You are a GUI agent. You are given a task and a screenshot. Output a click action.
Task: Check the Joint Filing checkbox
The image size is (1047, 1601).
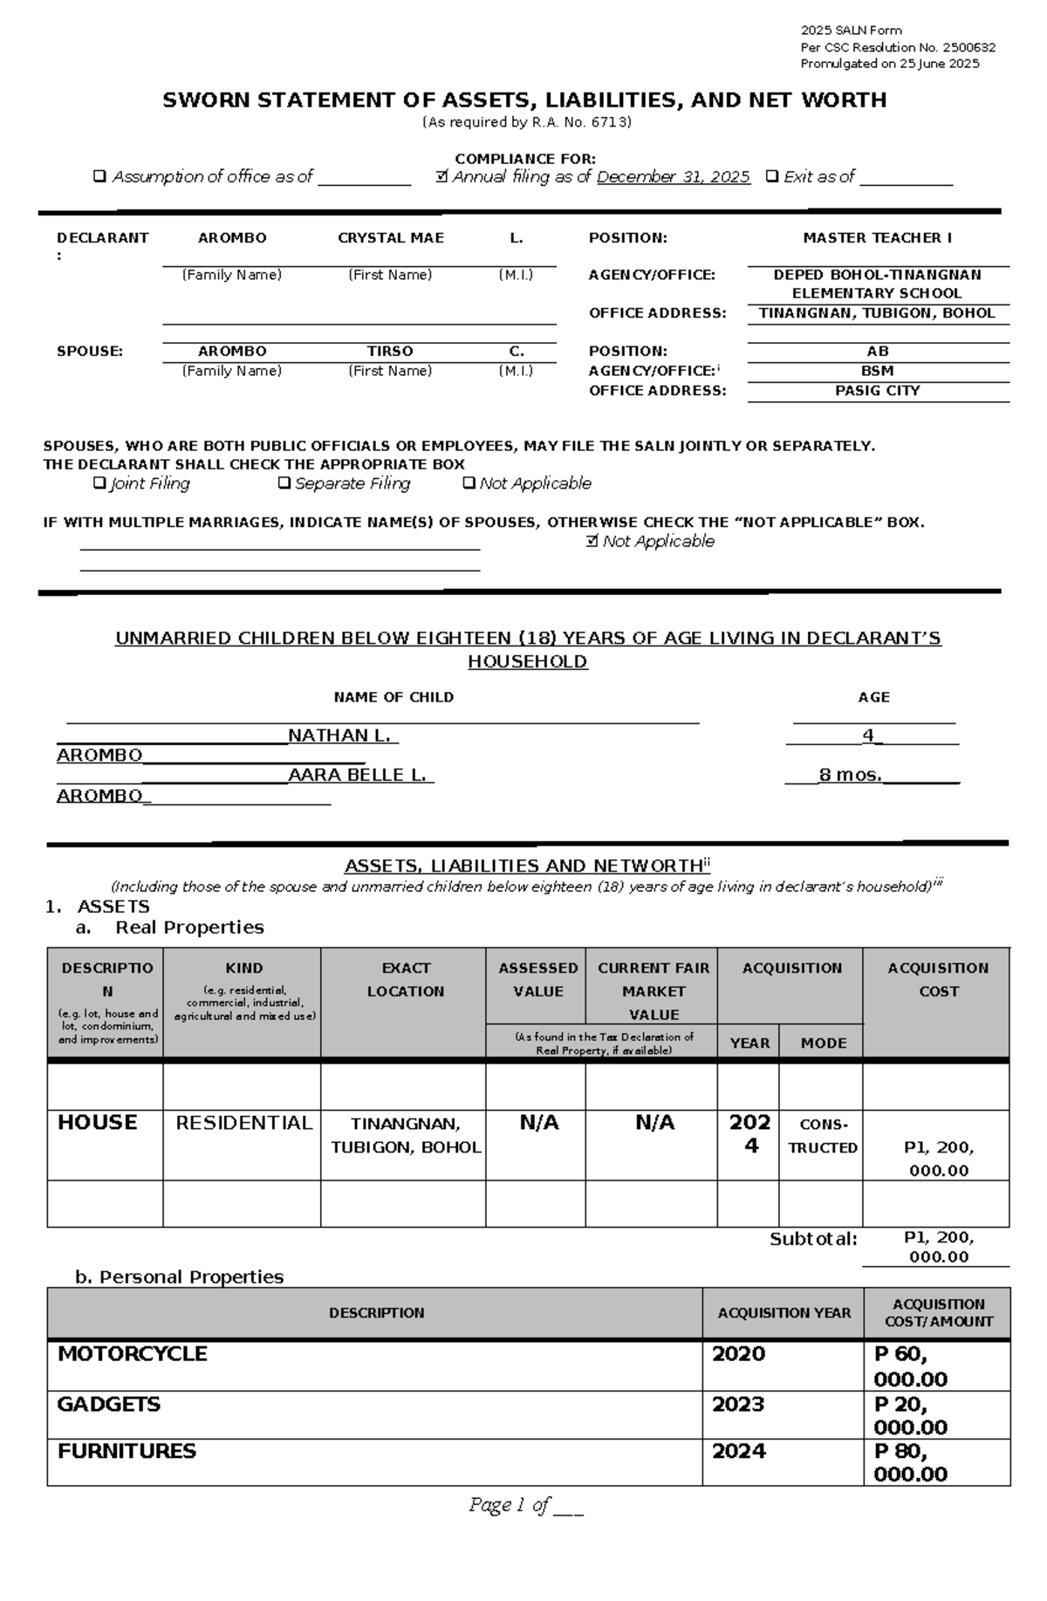(x=99, y=483)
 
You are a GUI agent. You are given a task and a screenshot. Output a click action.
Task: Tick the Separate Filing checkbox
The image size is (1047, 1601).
(x=284, y=483)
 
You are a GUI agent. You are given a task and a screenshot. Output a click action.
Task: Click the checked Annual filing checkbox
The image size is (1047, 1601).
(x=442, y=177)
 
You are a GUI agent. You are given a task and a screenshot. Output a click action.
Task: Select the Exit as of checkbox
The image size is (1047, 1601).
(x=771, y=177)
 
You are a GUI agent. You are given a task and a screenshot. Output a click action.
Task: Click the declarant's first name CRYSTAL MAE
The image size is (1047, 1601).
(x=391, y=238)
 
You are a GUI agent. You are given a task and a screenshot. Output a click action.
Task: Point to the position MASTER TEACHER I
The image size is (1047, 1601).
(x=877, y=238)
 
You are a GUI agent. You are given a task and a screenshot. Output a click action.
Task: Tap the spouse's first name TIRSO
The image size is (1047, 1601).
(x=390, y=352)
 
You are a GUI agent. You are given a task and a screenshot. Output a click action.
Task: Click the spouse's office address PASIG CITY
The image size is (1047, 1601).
(x=877, y=391)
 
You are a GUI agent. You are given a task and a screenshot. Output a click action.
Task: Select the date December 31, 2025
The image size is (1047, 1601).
(x=674, y=177)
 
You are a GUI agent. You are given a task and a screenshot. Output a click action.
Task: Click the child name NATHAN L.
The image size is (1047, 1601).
(x=342, y=736)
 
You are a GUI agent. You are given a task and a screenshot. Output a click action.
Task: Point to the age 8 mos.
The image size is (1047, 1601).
(x=850, y=775)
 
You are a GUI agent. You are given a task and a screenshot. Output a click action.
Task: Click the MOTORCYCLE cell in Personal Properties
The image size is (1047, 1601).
(x=133, y=1354)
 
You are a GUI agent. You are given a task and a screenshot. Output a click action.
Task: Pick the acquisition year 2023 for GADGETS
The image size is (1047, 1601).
(x=738, y=1405)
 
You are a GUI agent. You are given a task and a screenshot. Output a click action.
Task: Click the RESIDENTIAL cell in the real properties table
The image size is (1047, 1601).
(x=243, y=1124)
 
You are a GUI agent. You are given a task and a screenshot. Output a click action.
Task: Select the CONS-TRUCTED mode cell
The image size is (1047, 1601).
(x=823, y=1136)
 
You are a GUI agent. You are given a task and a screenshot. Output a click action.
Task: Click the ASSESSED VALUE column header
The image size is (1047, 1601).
(x=537, y=980)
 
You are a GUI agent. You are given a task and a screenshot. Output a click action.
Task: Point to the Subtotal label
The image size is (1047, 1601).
(x=813, y=1239)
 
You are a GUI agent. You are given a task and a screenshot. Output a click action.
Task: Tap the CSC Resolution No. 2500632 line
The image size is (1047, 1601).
(x=898, y=48)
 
